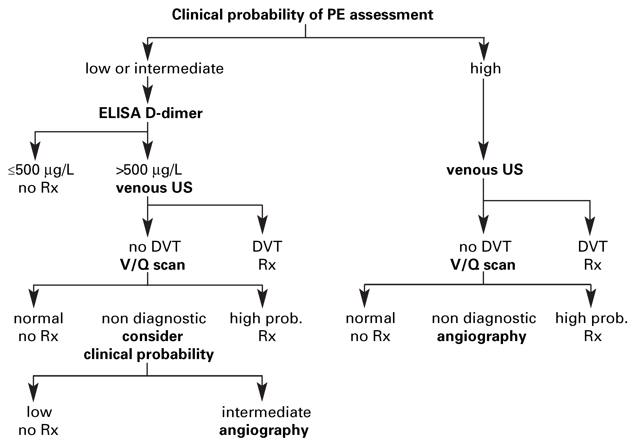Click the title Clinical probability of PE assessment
[302, 15]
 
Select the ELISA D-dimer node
[150, 113]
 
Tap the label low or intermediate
[154, 68]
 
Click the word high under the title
[485, 68]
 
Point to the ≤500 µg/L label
[41, 170]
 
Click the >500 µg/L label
[149, 170]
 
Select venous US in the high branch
[485, 169]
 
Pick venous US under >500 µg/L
[154, 188]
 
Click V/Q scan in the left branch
[152, 265]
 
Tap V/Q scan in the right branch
[483, 265]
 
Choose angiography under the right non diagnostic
[482, 337]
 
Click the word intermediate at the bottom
[266, 412]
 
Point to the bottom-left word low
[39, 412]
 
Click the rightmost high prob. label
[592, 318]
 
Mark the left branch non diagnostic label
[154, 319]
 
